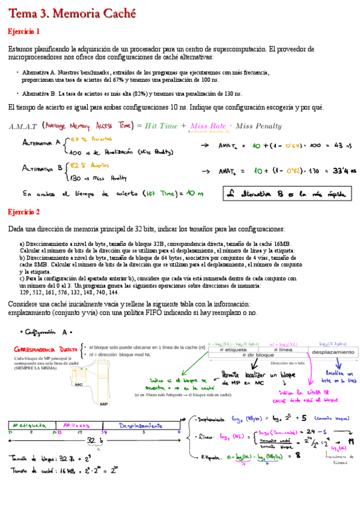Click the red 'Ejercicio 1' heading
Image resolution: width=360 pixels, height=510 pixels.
click(24, 31)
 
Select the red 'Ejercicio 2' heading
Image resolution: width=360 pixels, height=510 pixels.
click(24, 212)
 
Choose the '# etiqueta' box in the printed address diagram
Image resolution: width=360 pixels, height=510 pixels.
click(233, 349)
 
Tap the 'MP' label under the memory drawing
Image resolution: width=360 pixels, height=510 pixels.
click(103, 405)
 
